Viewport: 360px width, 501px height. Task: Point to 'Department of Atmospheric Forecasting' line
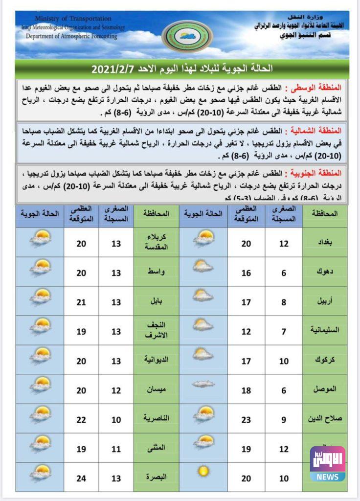[71, 36]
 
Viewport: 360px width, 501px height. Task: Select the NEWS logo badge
[327, 464]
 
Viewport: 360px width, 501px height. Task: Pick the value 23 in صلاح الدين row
[246, 418]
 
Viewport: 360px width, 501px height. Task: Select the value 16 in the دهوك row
[246, 272]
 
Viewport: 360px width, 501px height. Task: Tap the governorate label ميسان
[156, 389]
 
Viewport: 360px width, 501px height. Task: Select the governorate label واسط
[156, 272]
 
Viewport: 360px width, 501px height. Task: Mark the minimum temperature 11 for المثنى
[116, 448]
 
